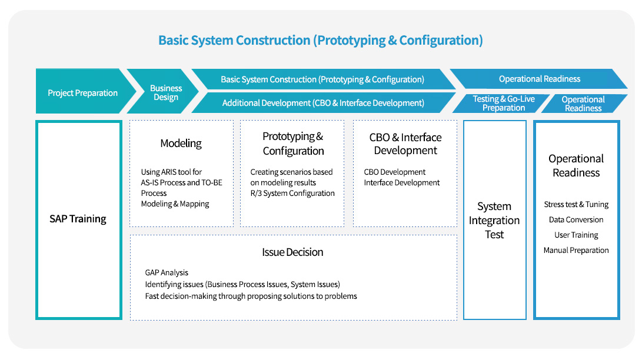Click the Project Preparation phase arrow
(82, 93)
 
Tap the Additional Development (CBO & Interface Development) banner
(323, 103)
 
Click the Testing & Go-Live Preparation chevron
(504, 103)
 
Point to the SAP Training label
(78, 219)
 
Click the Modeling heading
(181, 144)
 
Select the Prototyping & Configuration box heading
(293, 144)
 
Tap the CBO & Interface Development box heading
(405, 144)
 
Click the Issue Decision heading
(292, 252)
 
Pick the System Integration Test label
(494, 221)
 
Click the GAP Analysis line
(167, 272)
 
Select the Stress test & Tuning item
(576, 205)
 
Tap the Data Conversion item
(576, 220)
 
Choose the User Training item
(576, 235)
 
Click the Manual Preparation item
(576, 251)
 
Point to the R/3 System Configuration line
(292, 194)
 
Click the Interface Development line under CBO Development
(402, 183)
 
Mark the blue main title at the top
(321, 41)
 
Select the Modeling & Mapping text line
(175, 204)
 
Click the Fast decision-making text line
(251, 296)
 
